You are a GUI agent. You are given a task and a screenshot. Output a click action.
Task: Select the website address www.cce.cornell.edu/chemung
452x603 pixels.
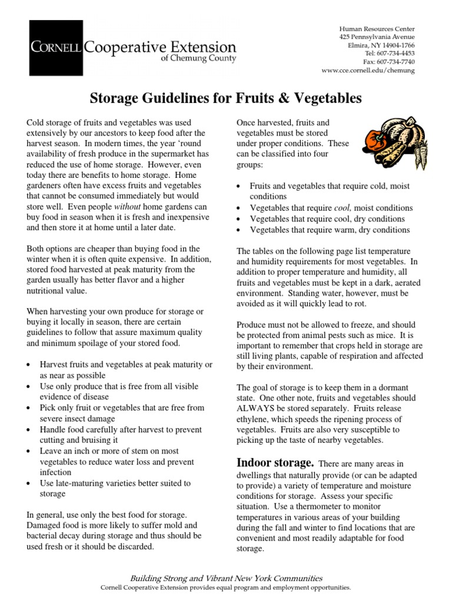coord(368,70)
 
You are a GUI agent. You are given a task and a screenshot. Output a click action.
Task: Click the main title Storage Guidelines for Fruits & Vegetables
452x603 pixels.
coord(225,97)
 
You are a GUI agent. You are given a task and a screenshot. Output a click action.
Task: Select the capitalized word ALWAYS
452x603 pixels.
coord(257,409)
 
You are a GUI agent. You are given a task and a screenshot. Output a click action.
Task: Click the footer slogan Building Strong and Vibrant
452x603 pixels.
coord(225,578)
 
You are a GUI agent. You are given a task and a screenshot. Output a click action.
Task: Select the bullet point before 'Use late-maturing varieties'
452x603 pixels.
coord(30,483)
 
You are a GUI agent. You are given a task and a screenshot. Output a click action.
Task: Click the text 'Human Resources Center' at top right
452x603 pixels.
coord(377,28)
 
